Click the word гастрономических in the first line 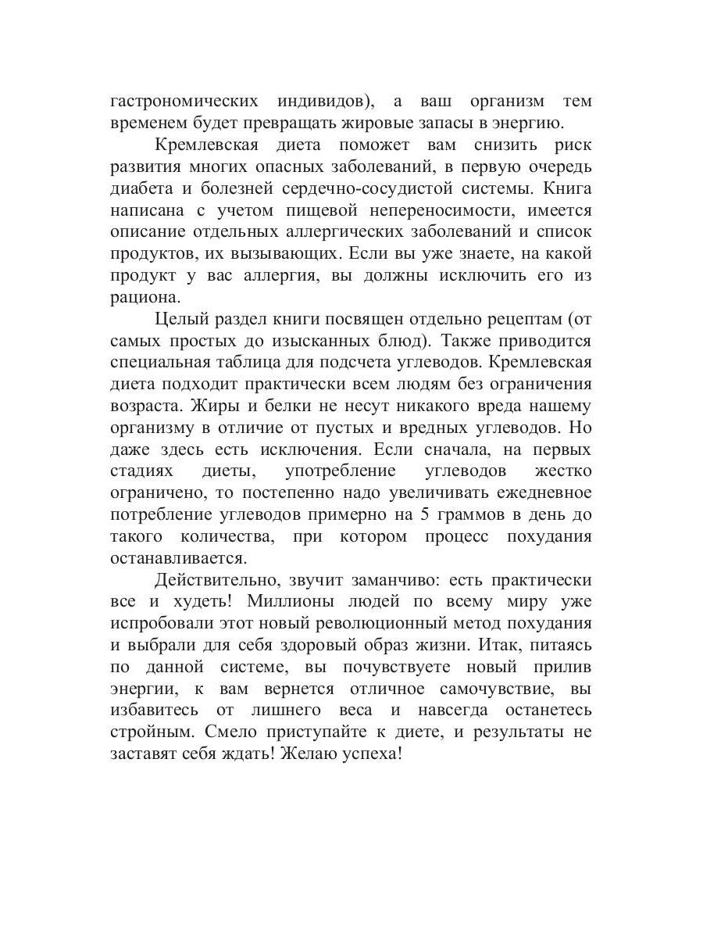[x=184, y=102]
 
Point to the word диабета [x=141, y=188]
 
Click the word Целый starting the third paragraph [x=181, y=319]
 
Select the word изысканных [x=364, y=341]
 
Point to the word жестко [x=562, y=471]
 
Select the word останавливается [x=178, y=559]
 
